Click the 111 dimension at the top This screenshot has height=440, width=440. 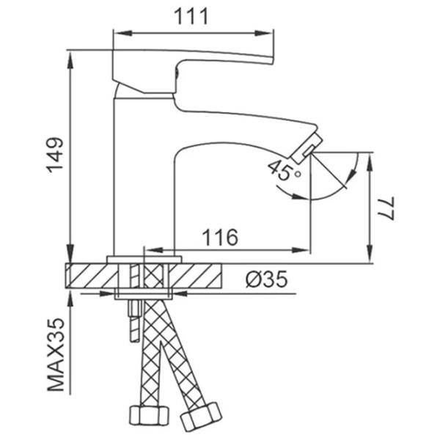click(193, 15)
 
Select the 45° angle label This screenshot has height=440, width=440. click(285, 171)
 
